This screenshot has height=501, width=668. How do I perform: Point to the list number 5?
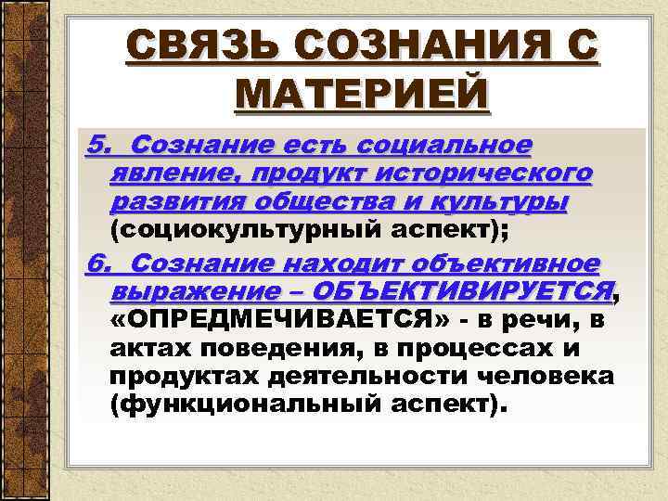tap(96, 146)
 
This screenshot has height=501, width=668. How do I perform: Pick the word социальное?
tap(459, 146)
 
